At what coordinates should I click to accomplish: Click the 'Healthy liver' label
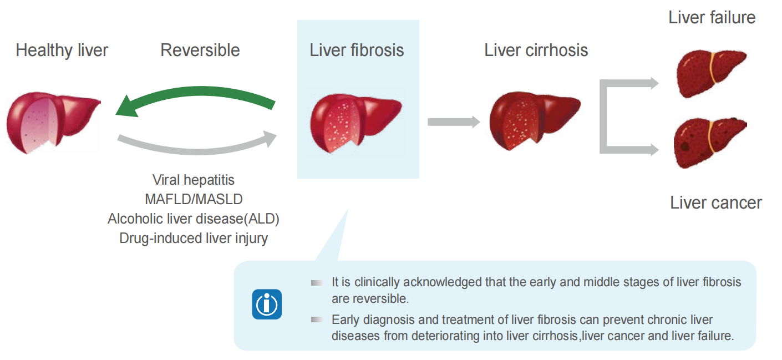coord(62,50)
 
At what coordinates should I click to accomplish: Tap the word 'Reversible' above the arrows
coord(200,50)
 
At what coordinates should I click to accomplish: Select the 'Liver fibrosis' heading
coord(357,50)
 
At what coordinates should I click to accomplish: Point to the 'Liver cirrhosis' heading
coord(536,50)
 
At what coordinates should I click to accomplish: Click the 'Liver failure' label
coord(712,17)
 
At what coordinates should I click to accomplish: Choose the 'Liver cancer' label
coord(715,202)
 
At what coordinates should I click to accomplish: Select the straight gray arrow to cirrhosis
coord(454,122)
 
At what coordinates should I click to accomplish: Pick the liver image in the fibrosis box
coord(356,123)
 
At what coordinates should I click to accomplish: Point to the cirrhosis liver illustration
coord(534,120)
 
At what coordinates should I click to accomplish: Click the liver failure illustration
coord(710,73)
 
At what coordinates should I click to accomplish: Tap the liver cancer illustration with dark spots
coord(709,143)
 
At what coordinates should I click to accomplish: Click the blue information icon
coord(267,304)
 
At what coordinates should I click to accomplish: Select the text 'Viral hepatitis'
coord(194,180)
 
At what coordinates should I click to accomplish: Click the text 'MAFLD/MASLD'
coord(194,199)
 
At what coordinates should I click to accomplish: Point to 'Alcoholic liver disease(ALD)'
coord(194,219)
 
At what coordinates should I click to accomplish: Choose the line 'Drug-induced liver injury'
coord(194,239)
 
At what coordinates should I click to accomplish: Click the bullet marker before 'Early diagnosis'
coord(317,320)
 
